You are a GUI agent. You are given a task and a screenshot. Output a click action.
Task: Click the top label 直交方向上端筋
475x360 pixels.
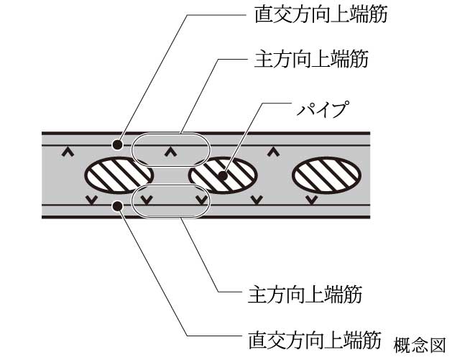point(317,14)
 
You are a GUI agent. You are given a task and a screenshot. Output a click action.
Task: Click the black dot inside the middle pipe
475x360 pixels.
point(223,175)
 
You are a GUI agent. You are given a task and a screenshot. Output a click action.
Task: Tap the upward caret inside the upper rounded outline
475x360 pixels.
point(170,152)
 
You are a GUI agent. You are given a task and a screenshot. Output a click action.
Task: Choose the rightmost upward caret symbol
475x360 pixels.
point(273,152)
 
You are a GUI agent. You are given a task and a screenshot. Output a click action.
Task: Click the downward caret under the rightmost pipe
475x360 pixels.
point(310,199)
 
